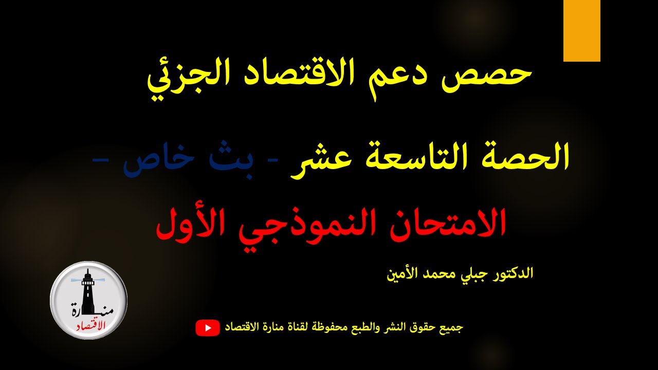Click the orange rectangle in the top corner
click(x=581, y=31)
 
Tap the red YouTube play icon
click(x=208, y=328)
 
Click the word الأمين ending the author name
click(x=404, y=272)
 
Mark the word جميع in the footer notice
click(x=452, y=327)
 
